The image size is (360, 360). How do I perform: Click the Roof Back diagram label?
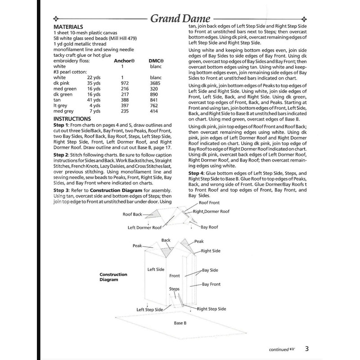pos(132,215)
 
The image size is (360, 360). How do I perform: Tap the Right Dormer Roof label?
pos(211,211)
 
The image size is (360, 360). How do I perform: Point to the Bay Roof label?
pos(209,228)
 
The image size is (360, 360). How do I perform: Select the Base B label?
pos(180,323)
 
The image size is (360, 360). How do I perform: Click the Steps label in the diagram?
pos(174,288)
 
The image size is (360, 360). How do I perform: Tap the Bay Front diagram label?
pos(211,284)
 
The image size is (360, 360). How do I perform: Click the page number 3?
pos(306,349)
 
